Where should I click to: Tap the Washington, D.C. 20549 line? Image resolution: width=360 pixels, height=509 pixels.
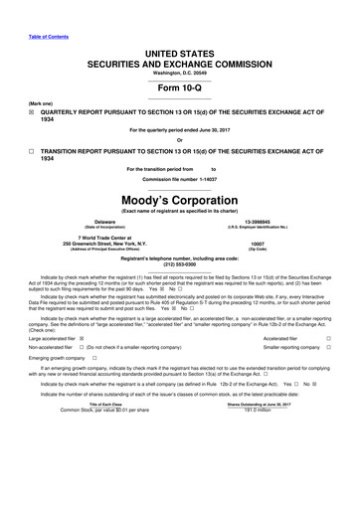[180, 73]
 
